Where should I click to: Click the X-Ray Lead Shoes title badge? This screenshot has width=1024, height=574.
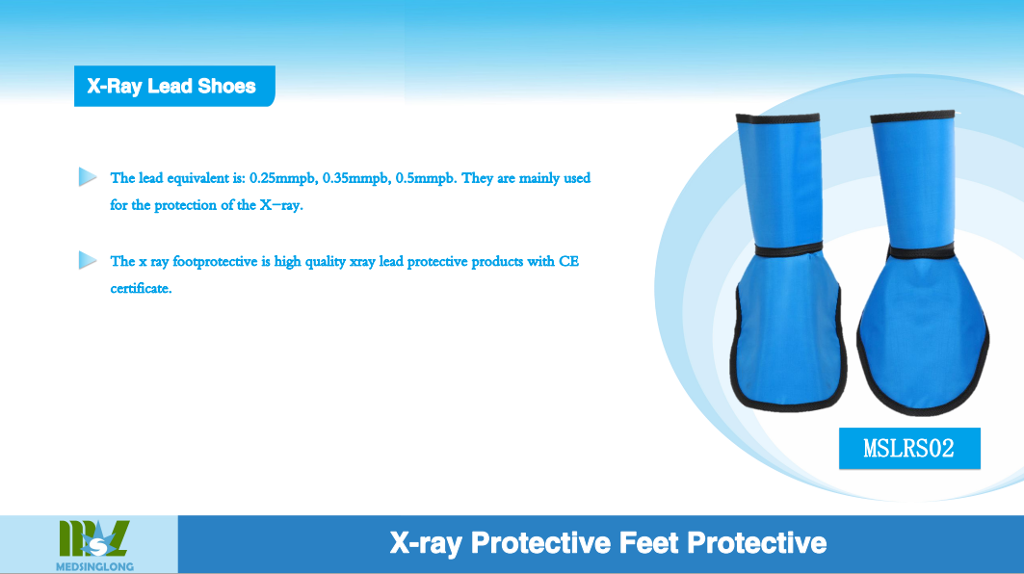coord(174,86)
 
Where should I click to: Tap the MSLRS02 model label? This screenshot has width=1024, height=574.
coord(909,448)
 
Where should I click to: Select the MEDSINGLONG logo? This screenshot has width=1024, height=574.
coord(94,545)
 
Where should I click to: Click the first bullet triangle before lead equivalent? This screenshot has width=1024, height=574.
coord(88,177)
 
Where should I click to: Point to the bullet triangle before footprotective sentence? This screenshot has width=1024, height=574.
coord(88,260)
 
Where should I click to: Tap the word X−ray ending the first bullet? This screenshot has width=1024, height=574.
coord(281,206)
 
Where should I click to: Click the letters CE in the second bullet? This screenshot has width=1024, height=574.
coord(568,261)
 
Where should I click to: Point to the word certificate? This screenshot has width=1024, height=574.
coord(141,288)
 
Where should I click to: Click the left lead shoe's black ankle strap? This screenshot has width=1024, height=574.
coord(789,249)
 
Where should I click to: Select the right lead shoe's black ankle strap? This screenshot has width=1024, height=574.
coord(921,252)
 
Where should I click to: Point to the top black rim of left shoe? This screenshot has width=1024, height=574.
coord(777,118)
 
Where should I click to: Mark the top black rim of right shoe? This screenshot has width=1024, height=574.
coord(913,117)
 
